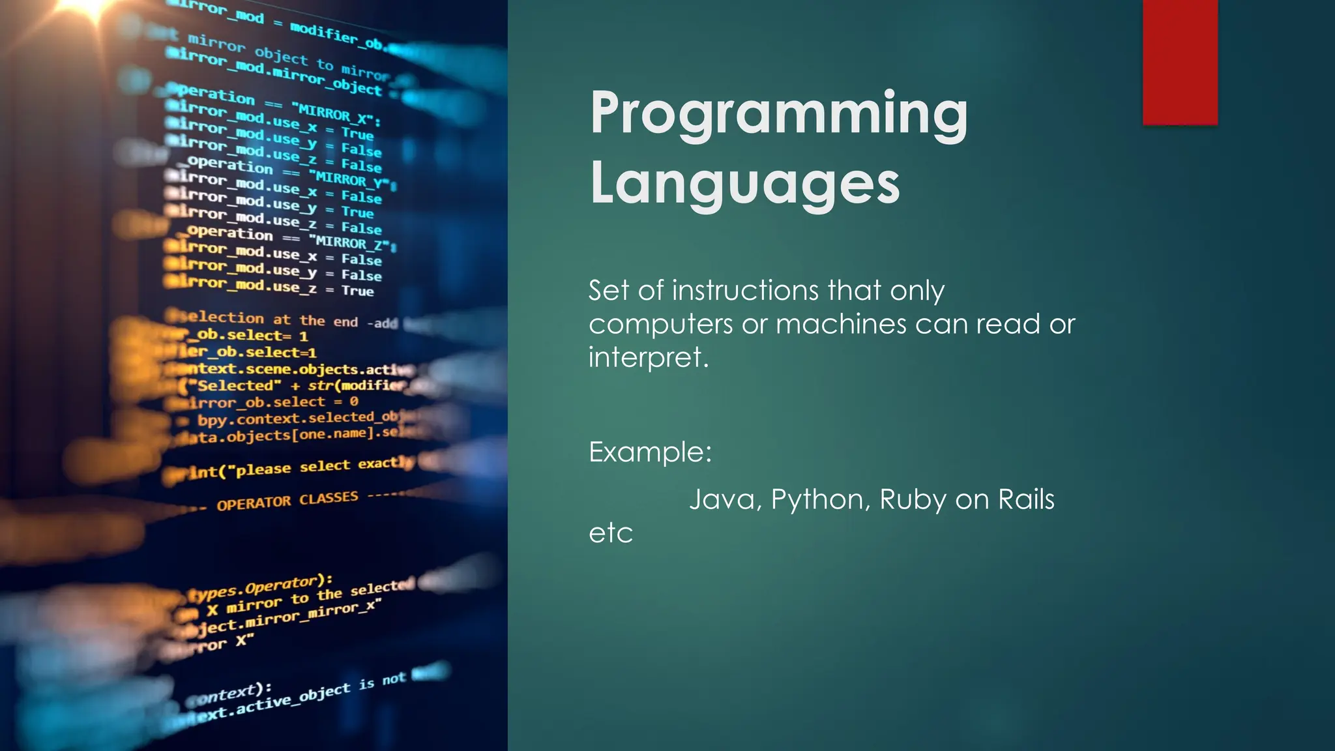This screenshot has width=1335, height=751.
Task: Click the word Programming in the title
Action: [x=779, y=114]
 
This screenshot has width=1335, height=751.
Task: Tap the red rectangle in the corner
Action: [x=1180, y=62]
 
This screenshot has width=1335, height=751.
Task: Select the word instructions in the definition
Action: [x=744, y=291]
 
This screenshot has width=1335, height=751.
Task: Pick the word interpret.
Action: [x=648, y=358]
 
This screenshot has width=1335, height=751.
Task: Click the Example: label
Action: [x=650, y=452]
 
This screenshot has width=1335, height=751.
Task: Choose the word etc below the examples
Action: [x=611, y=533]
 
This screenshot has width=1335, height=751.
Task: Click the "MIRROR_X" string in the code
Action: [x=336, y=115]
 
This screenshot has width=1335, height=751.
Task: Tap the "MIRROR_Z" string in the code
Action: [x=352, y=243]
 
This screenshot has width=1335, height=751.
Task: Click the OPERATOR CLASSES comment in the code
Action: [x=287, y=501]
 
